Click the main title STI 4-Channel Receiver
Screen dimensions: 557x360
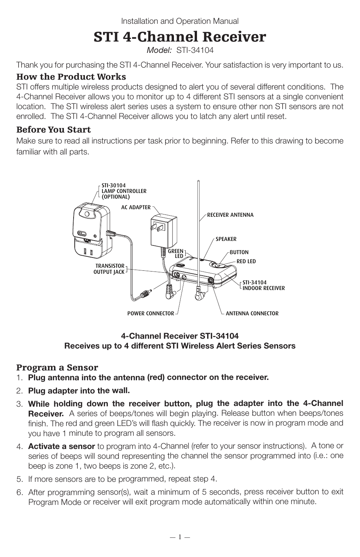click(x=180, y=37)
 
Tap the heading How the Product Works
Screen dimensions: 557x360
click(x=71, y=77)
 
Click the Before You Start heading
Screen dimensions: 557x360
click(x=53, y=130)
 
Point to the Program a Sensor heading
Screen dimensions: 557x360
click(x=57, y=367)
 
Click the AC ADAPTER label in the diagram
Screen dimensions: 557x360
click(x=136, y=207)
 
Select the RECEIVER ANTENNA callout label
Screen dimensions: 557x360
click(x=230, y=215)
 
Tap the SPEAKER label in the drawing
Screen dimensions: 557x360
click(x=226, y=239)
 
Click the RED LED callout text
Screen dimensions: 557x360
click(x=246, y=261)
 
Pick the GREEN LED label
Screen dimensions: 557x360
click(x=175, y=253)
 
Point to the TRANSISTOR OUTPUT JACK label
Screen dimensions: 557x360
click(x=109, y=269)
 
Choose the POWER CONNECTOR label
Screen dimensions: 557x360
click(x=151, y=313)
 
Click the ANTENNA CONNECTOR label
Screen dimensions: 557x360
click(x=252, y=313)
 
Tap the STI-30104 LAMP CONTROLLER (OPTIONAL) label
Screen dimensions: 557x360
click(x=124, y=191)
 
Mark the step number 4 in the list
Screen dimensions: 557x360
click(x=19, y=447)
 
